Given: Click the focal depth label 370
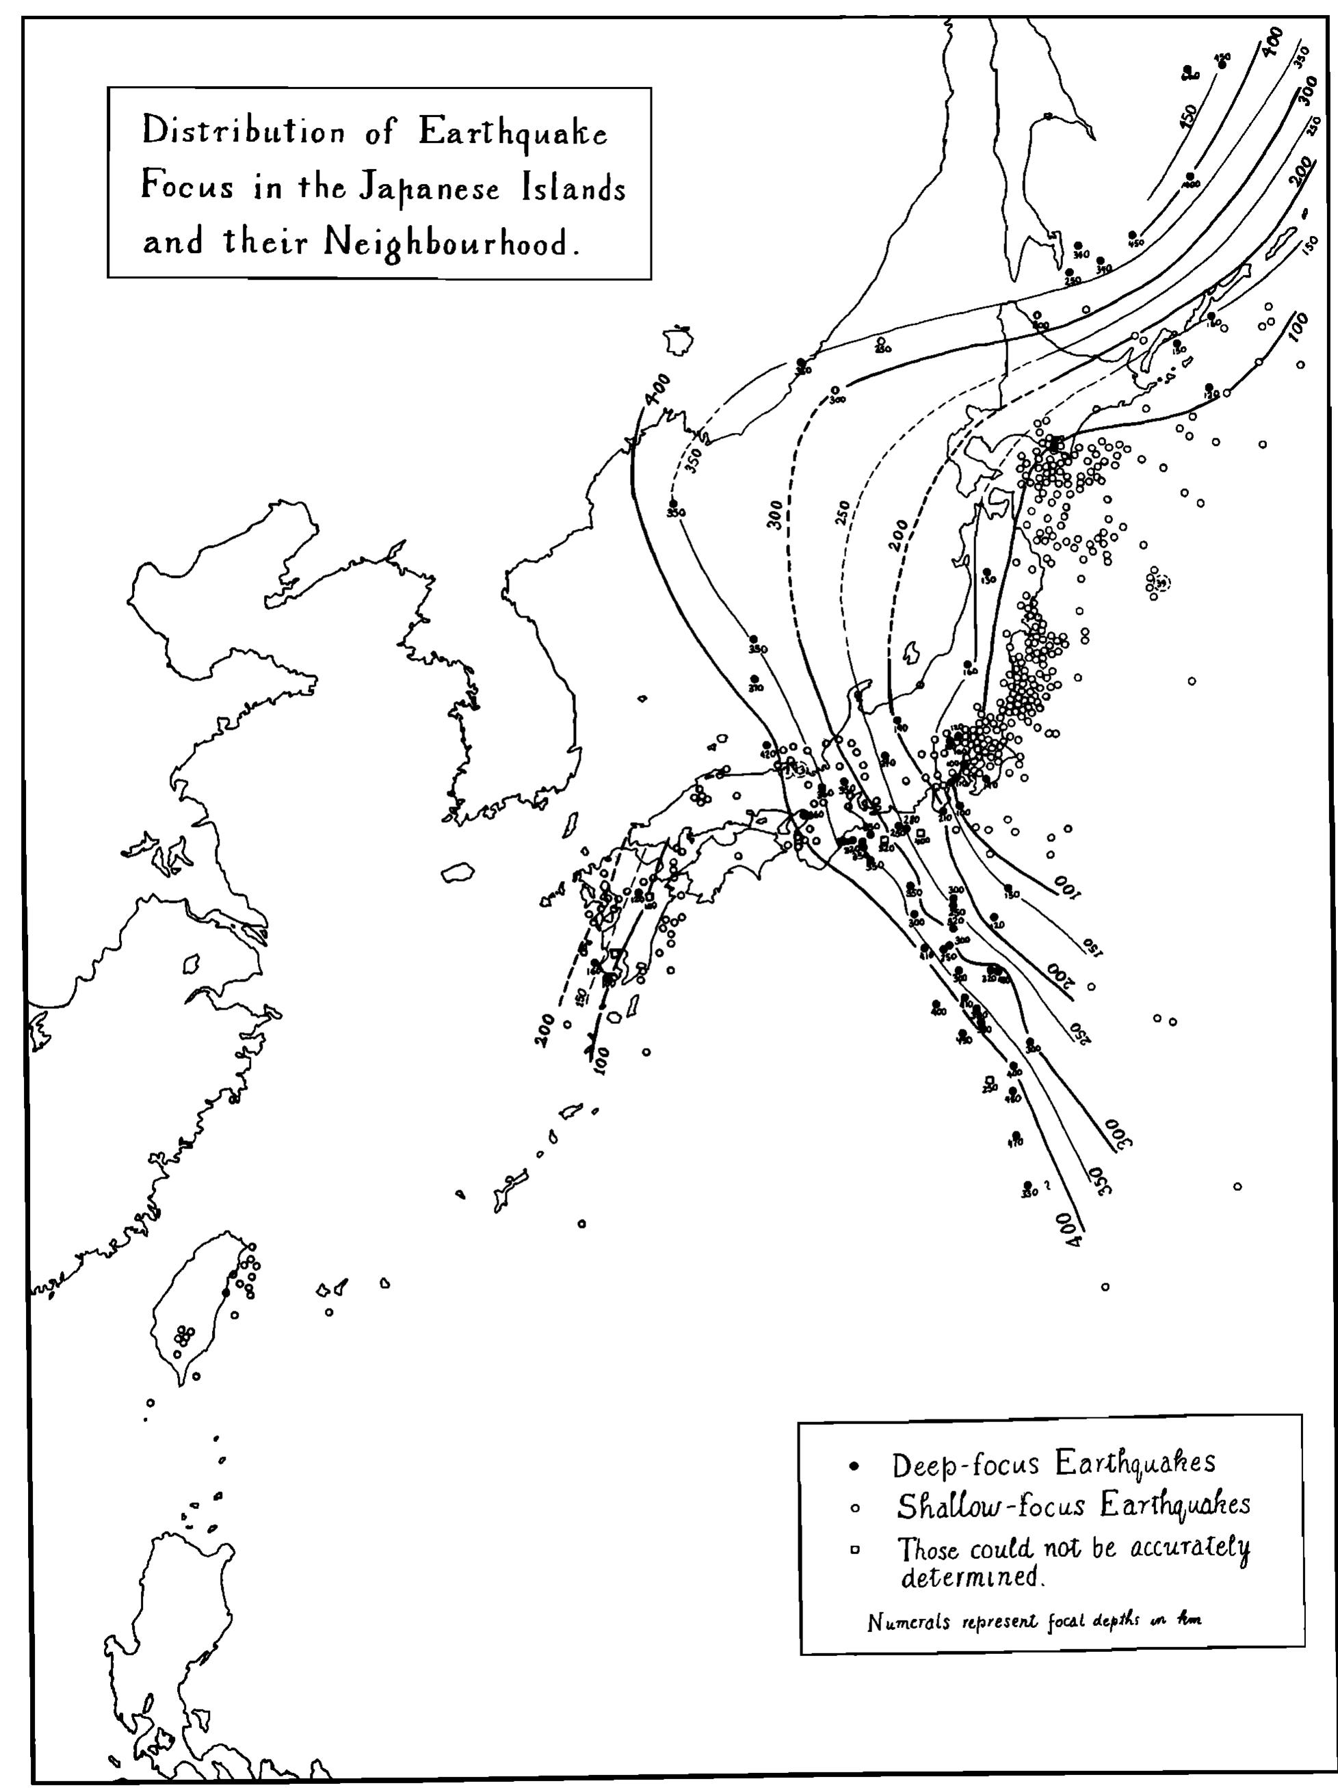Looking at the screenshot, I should tap(755, 688).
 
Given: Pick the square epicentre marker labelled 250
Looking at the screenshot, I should tap(990, 1081).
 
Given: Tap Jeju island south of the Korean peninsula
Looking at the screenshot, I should tap(457, 873).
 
